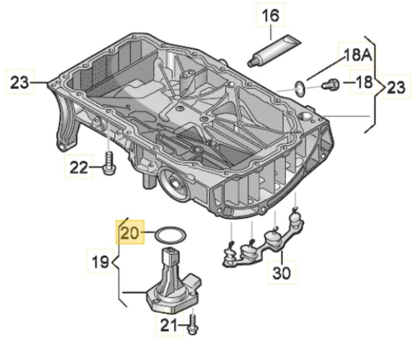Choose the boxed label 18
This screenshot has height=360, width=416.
tap(363, 84)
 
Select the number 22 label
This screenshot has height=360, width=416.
tap(77, 168)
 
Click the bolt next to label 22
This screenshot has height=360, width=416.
tap(108, 163)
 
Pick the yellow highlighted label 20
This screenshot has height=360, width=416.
tap(130, 233)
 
